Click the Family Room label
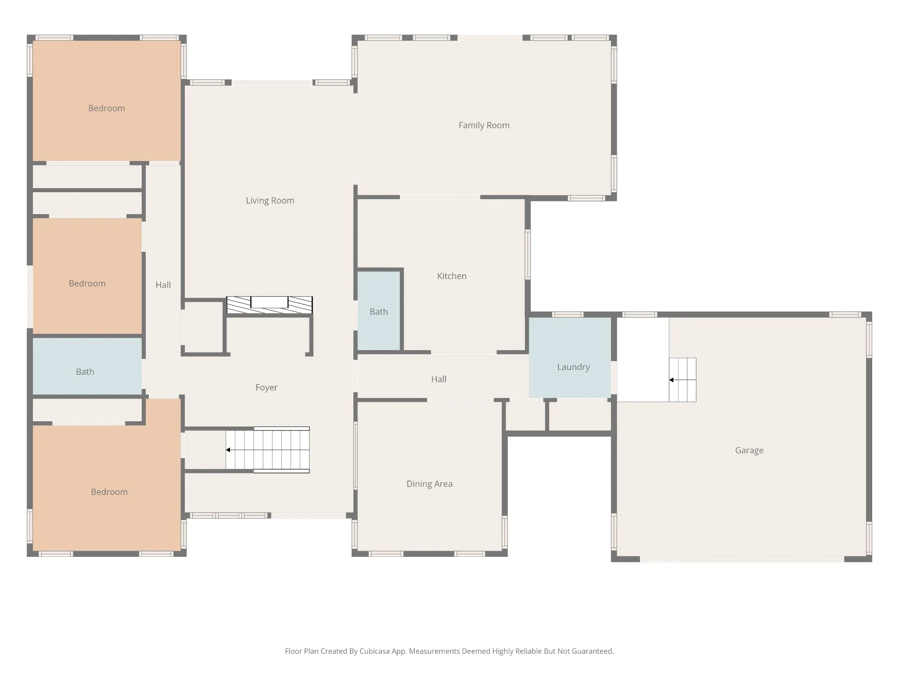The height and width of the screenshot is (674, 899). (484, 125)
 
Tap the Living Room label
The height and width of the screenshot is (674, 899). (270, 201)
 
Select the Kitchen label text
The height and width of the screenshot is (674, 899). (452, 276)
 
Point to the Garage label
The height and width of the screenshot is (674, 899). (749, 451)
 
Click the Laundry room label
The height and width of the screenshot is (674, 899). (573, 367)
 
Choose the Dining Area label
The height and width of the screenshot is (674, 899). (429, 484)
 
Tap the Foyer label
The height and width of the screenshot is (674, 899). (266, 387)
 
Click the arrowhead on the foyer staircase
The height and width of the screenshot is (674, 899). (228, 450)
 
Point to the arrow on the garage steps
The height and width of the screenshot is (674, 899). (683, 380)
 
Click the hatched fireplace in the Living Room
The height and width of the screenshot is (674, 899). (270, 305)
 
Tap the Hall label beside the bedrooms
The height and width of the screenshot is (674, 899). (163, 285)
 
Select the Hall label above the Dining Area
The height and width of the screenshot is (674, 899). (439, 379)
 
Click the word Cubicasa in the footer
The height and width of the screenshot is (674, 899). (374, 651)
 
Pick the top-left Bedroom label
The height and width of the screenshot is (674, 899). (107, 108)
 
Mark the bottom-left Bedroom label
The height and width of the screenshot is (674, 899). (109, 492)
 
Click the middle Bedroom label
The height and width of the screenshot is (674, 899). (87, 283)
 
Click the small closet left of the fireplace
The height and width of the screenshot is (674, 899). (203, 327)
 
